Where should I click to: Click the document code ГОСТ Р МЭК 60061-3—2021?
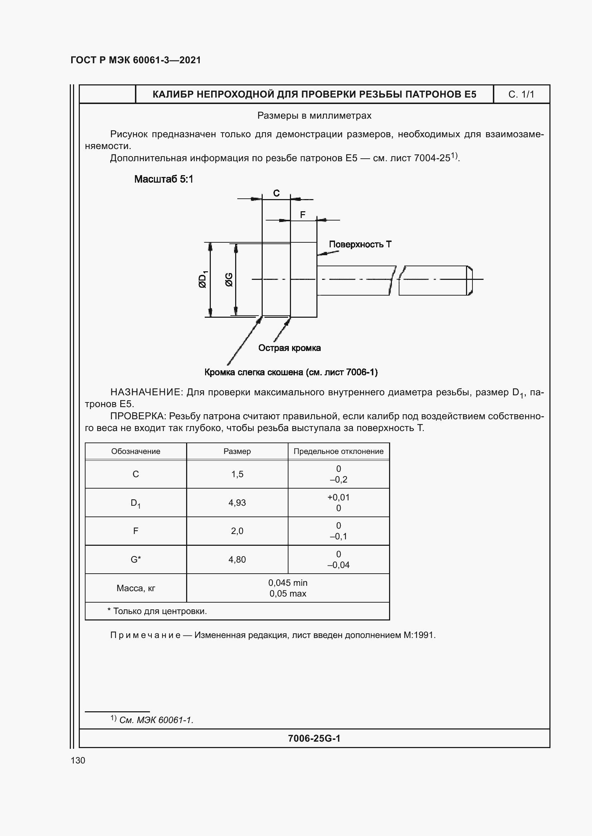(136, 60)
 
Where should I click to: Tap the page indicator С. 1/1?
(521, 95)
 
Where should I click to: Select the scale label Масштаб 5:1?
(164, 179)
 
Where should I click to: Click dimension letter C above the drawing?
(276, 193)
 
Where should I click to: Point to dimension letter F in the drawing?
(302, 215)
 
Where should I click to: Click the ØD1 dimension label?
(203, 279)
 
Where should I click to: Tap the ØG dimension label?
(229, 279)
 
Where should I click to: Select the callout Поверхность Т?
(360, 244)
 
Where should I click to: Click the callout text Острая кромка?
(290, 348)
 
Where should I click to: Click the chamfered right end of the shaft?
(470, 280)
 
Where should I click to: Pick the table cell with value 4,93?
(237, 503)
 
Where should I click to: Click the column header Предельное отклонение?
(338, 451)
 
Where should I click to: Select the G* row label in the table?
(136, 559)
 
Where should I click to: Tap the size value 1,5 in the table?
(237, 474)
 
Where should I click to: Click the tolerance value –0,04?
(338, 565)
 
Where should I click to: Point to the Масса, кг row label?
(136, 588)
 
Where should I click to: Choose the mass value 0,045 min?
(288, 583)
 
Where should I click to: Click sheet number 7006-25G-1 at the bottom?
(314, 738)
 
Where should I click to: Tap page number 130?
(78, 760)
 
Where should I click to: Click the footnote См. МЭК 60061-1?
(156, 720)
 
